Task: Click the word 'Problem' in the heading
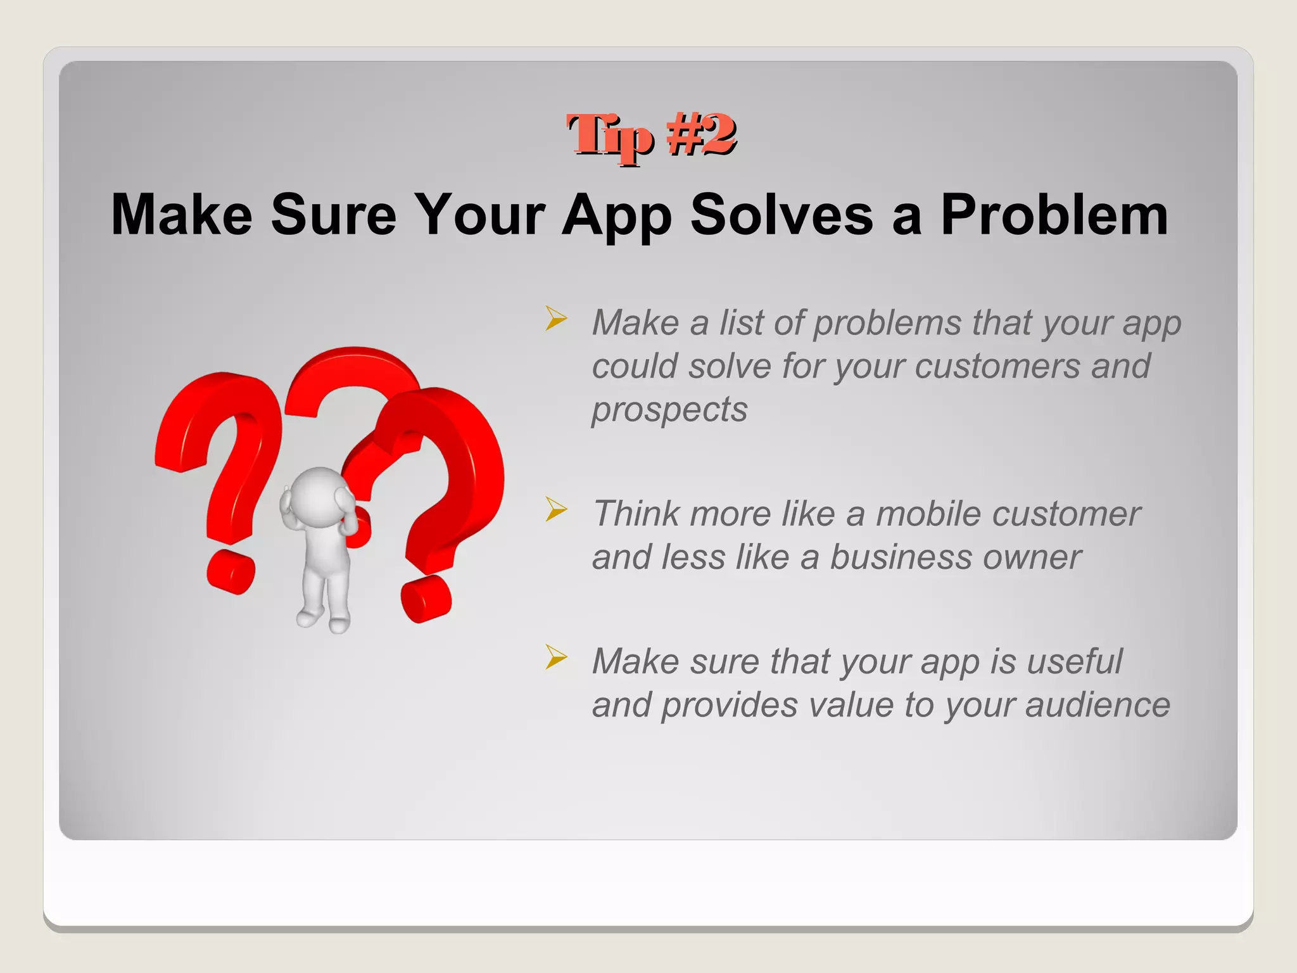(x=1054, y=215)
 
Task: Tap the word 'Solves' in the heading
(x=781, y=215)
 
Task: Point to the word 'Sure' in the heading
(x=334, y=215)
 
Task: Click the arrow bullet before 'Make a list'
(x=555, y=318)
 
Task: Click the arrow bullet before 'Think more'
(x=555, y=509)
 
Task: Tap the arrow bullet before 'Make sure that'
(x=555, y=657)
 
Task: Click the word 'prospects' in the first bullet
(x=669, y=410)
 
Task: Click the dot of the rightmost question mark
(x=426, y=599)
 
